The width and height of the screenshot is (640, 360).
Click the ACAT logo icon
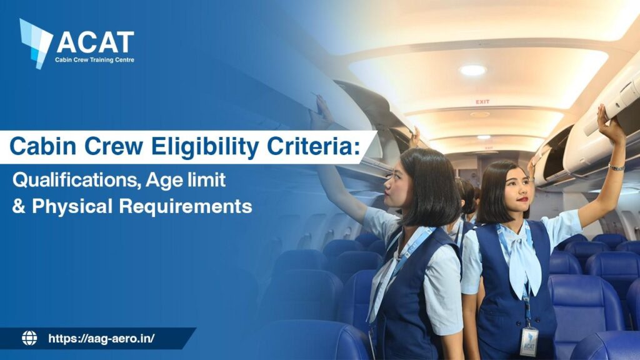pos(35,42)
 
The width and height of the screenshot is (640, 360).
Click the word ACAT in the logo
pos(95,42)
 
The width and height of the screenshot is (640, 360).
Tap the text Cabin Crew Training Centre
pos(95,60)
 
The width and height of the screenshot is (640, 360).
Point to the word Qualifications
pos(77,181)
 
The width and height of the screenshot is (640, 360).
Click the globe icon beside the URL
pos(29,339)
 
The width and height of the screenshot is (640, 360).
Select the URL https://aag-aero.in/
pos(101,339)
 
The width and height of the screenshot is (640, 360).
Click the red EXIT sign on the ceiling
pos(482,101)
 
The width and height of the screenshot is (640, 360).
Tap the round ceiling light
pos(472,70)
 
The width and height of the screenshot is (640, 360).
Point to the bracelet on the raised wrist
pos(616,167)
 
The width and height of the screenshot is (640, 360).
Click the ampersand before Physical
pos(17,207)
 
